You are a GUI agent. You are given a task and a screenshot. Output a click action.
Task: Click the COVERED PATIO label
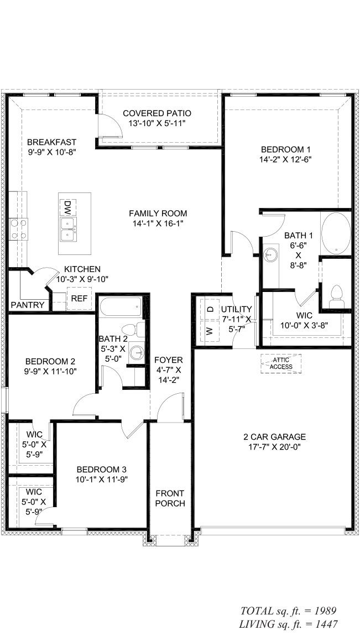157,113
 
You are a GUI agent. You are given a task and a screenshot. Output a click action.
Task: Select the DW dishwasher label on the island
67,207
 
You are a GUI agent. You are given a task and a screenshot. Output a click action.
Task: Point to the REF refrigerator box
77,299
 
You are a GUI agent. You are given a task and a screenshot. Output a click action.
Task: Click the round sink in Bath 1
270,256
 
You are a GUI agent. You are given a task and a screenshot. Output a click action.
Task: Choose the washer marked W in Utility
210,331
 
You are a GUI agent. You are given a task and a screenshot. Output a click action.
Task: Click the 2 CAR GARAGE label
274,436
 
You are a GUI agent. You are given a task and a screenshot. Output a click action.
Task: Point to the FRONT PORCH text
170,498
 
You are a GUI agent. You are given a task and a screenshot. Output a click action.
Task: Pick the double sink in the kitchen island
69,228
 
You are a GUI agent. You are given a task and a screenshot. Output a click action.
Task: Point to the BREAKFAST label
51,142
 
